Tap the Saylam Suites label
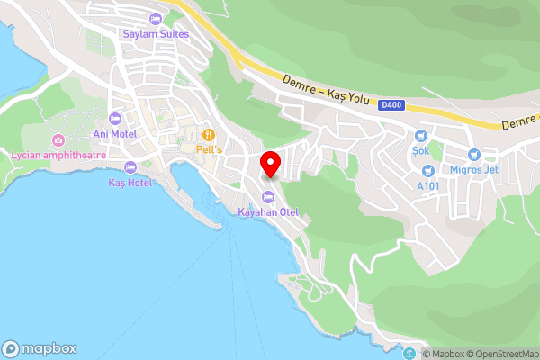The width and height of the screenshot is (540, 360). click(x=157, y=34)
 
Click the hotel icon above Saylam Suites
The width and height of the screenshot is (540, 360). click(x=157, y=19)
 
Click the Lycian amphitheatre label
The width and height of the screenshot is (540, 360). click(x=58, y=155)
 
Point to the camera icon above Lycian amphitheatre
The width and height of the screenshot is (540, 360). click(x=58, y=139)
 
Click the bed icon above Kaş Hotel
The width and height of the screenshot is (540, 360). click(x=130, y=166)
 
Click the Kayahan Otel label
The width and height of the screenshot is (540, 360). click(x=267, y=212)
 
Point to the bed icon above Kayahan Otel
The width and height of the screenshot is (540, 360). click(x=267, y=197)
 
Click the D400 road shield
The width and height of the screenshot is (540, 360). click(x=392, y=105)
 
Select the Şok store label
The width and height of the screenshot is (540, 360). click(x=420, y=150)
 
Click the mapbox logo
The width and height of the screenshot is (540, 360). click(x=39, y=348)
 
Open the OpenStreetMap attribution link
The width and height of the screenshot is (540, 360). click(x=500, y=354)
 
